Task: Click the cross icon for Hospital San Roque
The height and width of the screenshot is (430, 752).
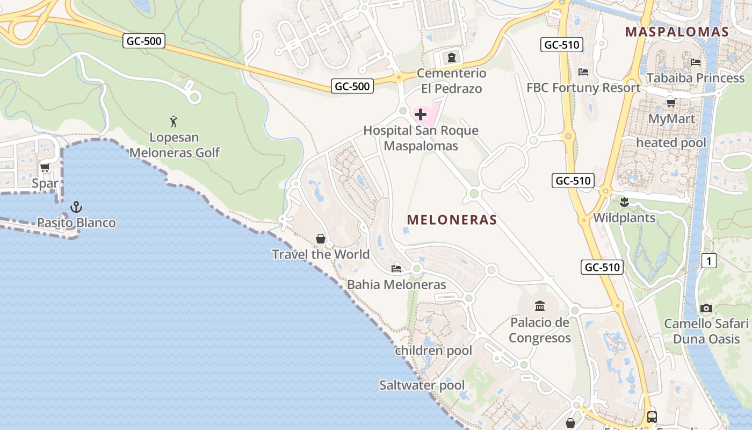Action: click(x=421, y=114)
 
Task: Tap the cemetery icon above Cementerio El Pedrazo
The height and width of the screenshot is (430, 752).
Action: click(x=451, y=57)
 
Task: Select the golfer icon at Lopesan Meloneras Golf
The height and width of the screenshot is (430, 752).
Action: click(x=173, y=121)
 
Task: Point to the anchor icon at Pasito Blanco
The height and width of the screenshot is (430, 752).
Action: click(x=76, y=207)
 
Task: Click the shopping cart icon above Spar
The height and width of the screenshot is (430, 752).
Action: click(x=45, y=168)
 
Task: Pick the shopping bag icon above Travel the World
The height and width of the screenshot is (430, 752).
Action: click(x=321, y=239)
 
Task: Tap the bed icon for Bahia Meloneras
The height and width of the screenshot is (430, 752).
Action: click(x=396, y=268)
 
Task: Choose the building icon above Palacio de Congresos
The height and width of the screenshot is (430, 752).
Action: click(x=540, y=306)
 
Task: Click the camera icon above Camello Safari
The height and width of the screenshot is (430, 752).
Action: click(x=706, y=309)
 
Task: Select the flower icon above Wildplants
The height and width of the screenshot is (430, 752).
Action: click(x=624, y=203)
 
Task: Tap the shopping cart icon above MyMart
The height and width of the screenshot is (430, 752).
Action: click(x=671, y=103)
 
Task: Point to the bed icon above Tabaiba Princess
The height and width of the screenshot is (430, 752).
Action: click(x=696, y=62)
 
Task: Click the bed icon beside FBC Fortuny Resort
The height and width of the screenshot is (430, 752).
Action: click(x=583, y=72)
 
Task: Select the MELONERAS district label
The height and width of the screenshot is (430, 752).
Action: click(x=452, y=220)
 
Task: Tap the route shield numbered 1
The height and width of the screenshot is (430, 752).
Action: click(x=709, y=261)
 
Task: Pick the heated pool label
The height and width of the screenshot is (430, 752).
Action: click(x=671, y=143)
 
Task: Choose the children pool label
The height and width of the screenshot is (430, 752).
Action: click(x=433, y=351)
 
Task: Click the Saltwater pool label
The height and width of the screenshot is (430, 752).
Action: click(x=422, y=385)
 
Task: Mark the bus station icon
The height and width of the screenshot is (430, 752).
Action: click(x=652, y=417)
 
